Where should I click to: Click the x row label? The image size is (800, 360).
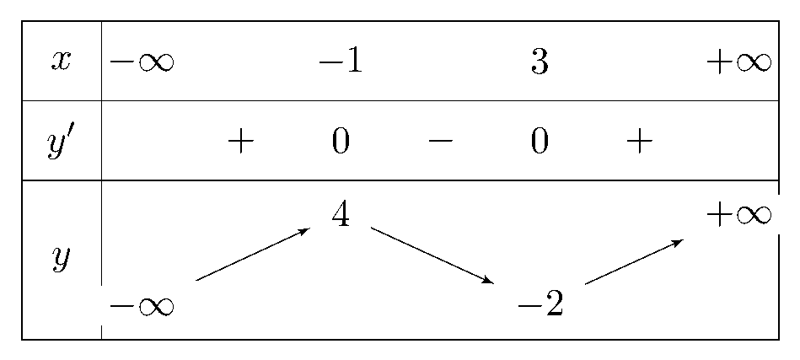click(x=60, y=62)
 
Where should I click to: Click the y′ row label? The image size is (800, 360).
click(x=61, y=142)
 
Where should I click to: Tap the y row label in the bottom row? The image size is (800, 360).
click(x=60, y=260)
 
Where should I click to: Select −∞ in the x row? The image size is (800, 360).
click(x=142, y=62)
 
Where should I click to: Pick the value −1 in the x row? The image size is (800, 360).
click(x=341, y=62)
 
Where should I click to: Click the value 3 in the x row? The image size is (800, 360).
click(x=540, y=62)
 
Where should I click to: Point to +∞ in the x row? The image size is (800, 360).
click(x=738, y=62)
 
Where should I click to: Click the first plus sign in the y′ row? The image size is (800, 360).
click(x=241, y=142)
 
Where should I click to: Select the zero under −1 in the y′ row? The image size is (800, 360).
click(x=341, y=142)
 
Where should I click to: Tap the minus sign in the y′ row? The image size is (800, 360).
click(x=440, y=142)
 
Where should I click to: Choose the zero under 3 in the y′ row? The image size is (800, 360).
click(x=540, y=142)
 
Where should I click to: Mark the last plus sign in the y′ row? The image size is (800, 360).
click(x=639, y=142)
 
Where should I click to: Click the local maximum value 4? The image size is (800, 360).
click(x=341, y=215)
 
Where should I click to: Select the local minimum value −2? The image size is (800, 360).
click(x=540, y=305)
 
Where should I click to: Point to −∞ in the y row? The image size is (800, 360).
click(x=142, y=306)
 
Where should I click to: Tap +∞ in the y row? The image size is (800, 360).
click(x=738, y=215)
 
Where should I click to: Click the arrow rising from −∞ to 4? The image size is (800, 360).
click(x=253, y=255)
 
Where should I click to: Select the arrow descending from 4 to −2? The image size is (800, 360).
click(x=432, y=255)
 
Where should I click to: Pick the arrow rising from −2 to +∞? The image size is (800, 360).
click(x=634, y=261)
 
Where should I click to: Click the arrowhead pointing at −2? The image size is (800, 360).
click(x=489, y=280)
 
